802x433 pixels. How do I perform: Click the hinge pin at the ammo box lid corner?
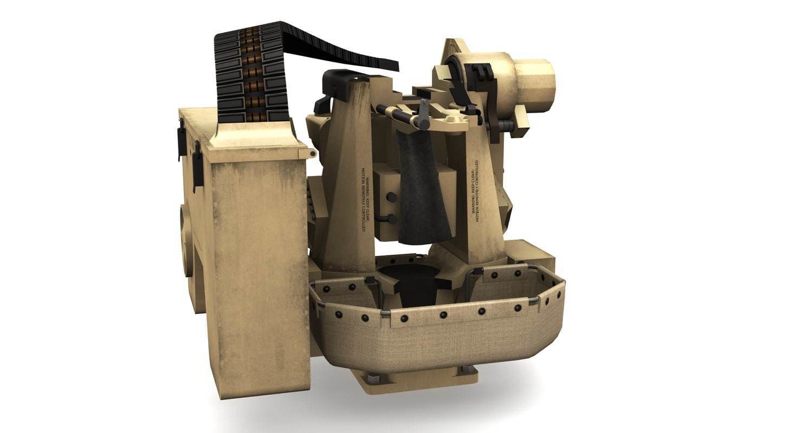(312, 154)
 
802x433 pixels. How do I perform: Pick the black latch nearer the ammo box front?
(198, 165)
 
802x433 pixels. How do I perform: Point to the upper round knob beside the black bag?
(391, 197)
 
